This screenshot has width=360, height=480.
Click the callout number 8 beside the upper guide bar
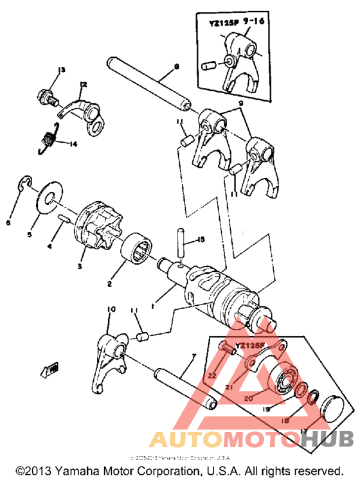[175, 67]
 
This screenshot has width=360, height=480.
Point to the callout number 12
[82, 84]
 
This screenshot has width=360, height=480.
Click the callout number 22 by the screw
[212, 374]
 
